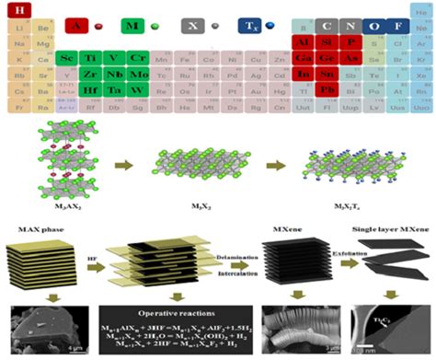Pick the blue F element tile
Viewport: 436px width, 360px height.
[x=397, y=26]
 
